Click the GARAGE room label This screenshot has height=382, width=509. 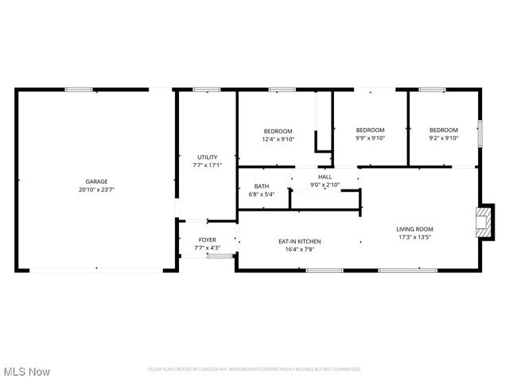97,181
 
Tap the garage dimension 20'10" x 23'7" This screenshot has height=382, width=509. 97,190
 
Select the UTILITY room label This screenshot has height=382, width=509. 207,157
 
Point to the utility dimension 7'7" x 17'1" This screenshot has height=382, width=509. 207,166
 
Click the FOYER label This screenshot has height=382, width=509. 207,240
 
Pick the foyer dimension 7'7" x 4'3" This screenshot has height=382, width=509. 207,248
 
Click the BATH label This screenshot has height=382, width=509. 262,186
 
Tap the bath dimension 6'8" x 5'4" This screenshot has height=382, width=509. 262,194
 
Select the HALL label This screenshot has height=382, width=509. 324,177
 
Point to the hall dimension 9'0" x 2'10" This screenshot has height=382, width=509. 324,185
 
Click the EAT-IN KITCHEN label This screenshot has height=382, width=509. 299,241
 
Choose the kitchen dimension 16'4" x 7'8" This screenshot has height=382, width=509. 299,249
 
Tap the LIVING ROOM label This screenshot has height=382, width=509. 414,229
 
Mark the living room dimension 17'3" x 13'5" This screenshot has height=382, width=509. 414,237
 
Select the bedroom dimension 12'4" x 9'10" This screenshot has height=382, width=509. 278,139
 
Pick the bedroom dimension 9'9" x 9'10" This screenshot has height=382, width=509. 370,138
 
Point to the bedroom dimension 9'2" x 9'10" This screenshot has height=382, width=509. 444,138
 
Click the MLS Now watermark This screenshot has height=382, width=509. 27,372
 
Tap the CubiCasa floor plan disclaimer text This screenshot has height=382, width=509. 254,369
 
